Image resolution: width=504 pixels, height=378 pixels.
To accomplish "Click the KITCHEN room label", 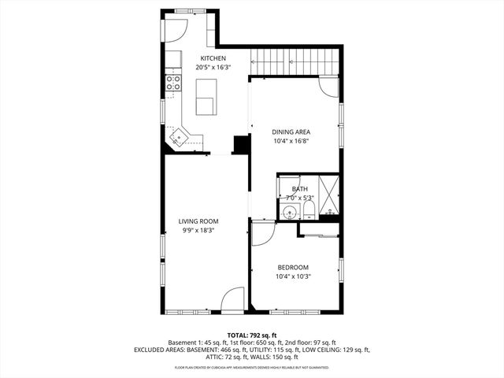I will tap(213, 58).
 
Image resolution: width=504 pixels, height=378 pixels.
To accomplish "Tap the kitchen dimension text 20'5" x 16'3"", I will tap(213, 68).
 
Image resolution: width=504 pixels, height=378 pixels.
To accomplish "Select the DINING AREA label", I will tap(291, 132).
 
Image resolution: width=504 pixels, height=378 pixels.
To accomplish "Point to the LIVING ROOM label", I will tap(198, 221).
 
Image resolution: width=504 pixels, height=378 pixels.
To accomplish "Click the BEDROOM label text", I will tap(292, 267).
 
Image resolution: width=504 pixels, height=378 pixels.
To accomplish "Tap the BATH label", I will tap(300, 189).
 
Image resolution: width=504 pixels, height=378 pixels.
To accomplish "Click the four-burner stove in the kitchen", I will tap(172, 83).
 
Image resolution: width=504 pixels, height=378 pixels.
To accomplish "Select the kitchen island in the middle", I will tap(205, 106).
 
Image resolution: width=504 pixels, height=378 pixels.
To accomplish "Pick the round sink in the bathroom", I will tap(289, 212).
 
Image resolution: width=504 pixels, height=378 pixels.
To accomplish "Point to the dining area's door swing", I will tap(328, 87).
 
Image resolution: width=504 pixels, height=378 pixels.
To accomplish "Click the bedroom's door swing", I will tap(262, 233).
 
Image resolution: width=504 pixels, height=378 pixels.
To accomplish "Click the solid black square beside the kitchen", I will tap(241, 144).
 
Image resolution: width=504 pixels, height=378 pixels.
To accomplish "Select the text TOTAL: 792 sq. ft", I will tap(251, 335).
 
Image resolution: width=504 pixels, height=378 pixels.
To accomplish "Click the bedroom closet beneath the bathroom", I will tap(319, 230).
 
